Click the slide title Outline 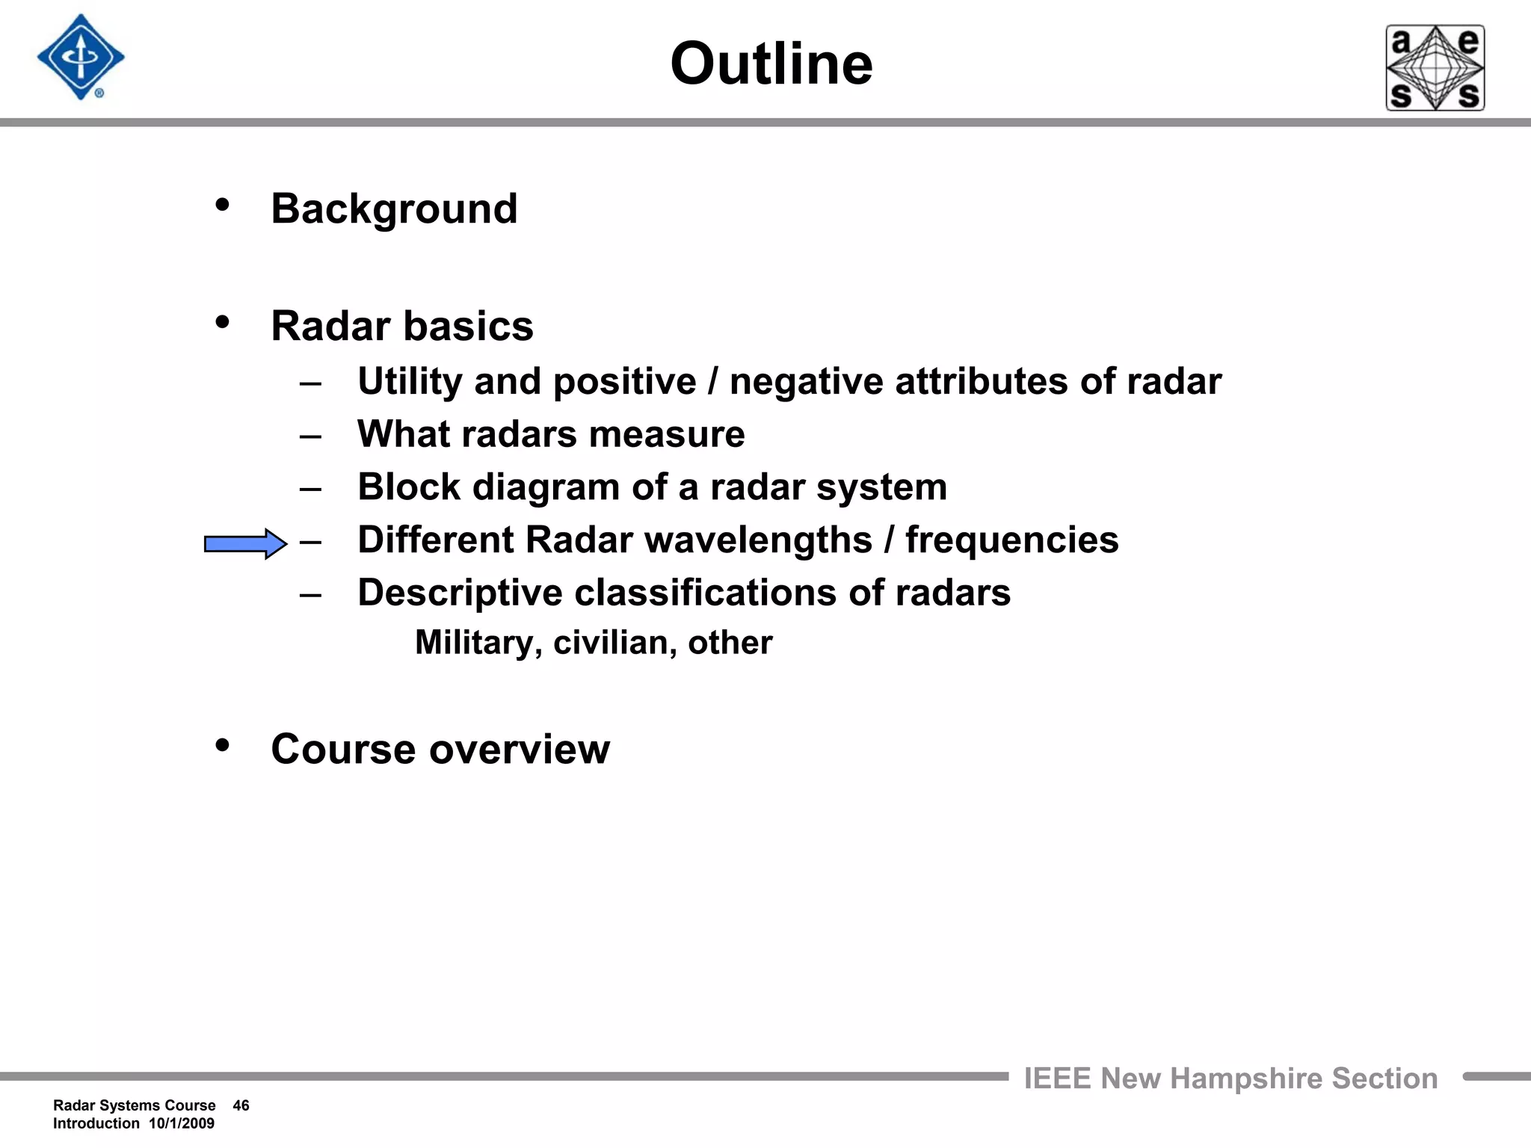tap(771, 64)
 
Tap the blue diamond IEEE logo tap(81, 58)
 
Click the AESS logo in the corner tap(1435, 68)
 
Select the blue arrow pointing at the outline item tap(245, 543)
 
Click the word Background tap(394, 209)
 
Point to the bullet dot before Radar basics tap(222, 322)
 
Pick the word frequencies tap(1011, 540)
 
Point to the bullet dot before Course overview tap(222, 745)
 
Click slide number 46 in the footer tap(241, 1105)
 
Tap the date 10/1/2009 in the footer tap(181, 1123)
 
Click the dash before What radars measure tap(310, 436)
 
